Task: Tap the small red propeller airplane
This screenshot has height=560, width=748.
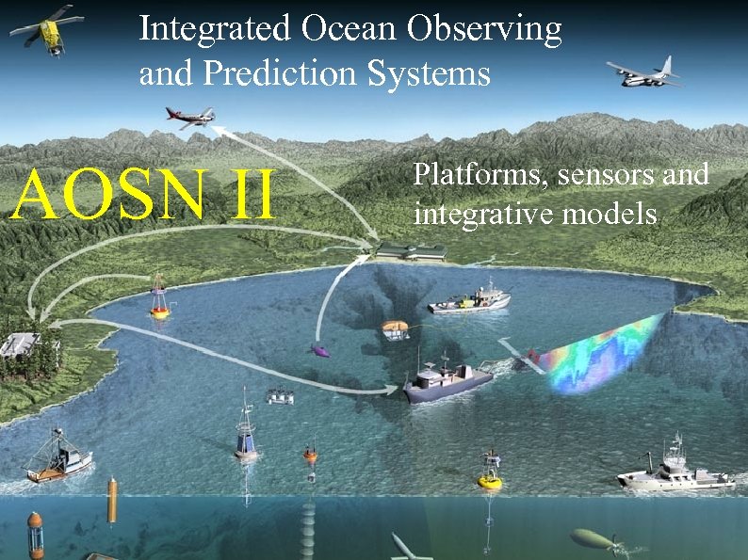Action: pos(191,117)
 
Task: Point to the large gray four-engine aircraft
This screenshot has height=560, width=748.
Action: pos(643,72)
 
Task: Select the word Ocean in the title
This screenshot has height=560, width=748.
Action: pos(350,30)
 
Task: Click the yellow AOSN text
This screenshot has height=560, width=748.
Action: pos(104,194)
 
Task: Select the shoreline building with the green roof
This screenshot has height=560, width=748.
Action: pos(411,251)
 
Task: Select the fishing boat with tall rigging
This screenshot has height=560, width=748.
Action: pos(58,457)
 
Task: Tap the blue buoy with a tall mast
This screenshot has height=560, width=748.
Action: pos(246,436)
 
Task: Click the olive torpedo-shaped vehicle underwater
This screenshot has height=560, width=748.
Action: pos(594,539)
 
